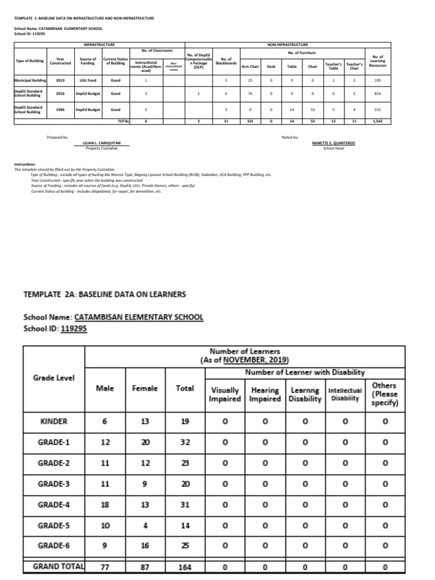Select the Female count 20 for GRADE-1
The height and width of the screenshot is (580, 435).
pyautogui.click(x=145, y=443)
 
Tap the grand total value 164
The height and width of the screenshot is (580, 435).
pyautogui.click(x=185, y=566)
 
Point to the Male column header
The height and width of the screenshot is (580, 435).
pyautogui.click(x=106, y=388)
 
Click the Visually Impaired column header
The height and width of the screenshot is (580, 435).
pyautogui.click(x=225, y=395)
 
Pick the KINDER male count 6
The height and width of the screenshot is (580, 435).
pyautogui.click(x=106, y=421)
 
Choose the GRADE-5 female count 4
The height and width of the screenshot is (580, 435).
pyautogui.click(x=145, y=525)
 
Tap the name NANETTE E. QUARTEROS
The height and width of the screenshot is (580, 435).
pyautogui.click(x=334, y=143)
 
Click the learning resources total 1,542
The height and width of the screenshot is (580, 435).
pyautogui.click(x=377, y=121)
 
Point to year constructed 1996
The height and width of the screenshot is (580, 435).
pyautogui.click(x=60, y=109)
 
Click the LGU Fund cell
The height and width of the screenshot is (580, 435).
pyautogui.click(x=88, y=80)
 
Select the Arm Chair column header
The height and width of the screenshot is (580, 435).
pyautogui.click(x=250, y=66)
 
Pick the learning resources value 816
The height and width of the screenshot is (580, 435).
pyautogui.click(x=377, y=93)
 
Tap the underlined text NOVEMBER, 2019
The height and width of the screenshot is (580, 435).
pyautogui.click(x=255, y=360)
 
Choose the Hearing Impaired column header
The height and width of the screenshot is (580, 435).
pyautogui.click(x=265, y=395)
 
